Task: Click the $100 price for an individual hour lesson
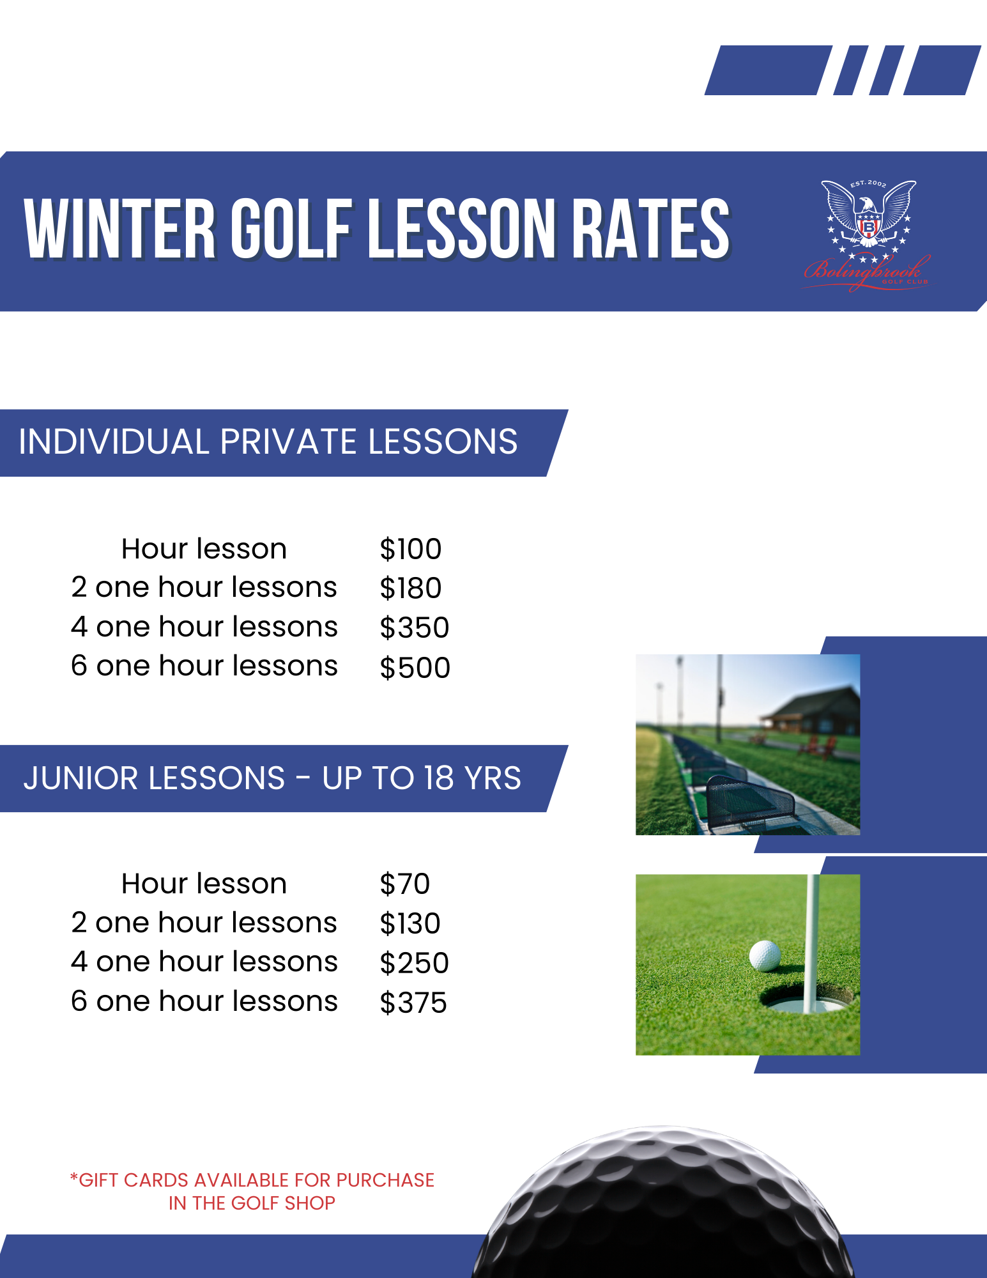click(410, 549)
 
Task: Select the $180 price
click(410, 588)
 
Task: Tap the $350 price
click(414, 627)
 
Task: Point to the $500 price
click(415, 668)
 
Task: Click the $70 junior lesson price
click(404, 884)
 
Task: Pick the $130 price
click(409, 923)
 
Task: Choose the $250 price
click(414, 963)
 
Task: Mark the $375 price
click(413, 1003)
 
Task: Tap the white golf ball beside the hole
click(765, 955)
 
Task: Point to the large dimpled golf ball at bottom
click(664, 1208)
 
